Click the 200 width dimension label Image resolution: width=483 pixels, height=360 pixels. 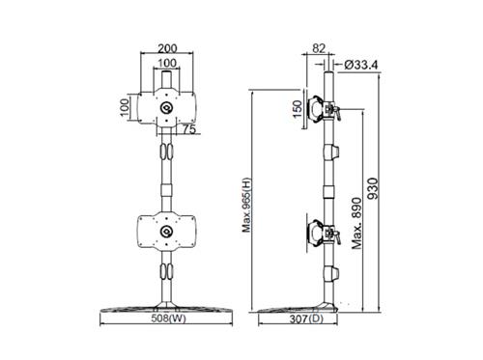coord(167,46)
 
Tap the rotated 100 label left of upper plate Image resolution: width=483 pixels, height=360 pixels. coord(125,106)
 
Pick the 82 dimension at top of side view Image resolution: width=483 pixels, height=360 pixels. coord(321,47)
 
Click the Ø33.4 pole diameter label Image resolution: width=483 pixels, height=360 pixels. coord(359,65)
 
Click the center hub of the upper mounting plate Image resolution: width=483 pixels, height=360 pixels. coord(168,108)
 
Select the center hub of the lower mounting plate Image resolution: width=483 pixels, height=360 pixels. coord(168,233)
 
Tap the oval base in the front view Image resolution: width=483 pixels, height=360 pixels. coord(168,309)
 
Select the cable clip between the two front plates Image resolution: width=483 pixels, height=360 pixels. coord(168,152)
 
